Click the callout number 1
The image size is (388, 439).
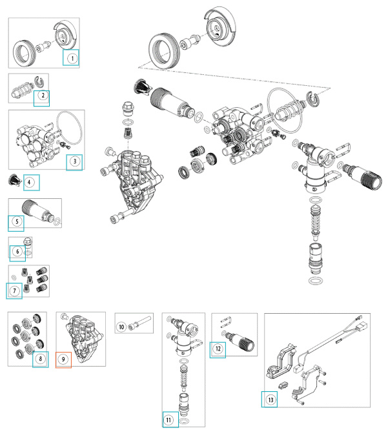pyautogui.click(x=72, y=59)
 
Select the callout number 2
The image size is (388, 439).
pyautogui.click(x=42, y=96)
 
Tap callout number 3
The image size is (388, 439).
pyautogui.click(x=74, y=161)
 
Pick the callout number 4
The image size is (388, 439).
pyautogui.click(x=30, y=183)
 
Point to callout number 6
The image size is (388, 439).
pyautogui.click(x=17, y=251)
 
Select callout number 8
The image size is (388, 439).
pyautogui.click(x=41, y=358)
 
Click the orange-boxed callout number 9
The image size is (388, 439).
pyautogui.click(x=63, y=358)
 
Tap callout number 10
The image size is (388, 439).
pyautogui.click(x=121, y=327)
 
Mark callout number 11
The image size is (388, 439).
pyautogui.click(x=170, y=420)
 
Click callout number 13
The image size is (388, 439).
pyautogui.click(x=269, y=400)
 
